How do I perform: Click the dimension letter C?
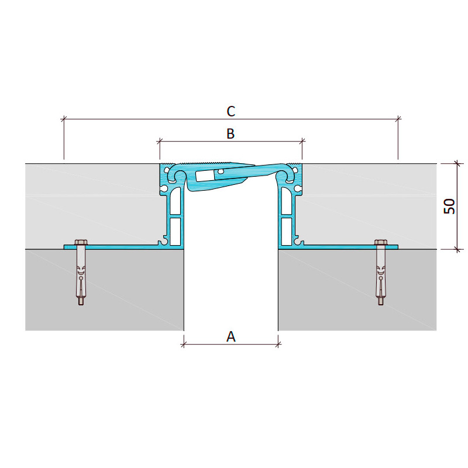pyautogui.click(x=230, y=111)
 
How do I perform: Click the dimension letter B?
pyautogui.click(x=230, y=133)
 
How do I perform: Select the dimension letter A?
pyautogui.click(x=231, y=337)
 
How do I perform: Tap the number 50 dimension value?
pyautogui.click(x=449, y=207)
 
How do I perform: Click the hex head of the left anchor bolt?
pyautogui.click(x=81, y=242)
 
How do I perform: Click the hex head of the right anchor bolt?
pyautogui.click(x=381, y=242)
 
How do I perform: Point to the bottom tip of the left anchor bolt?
pyautogui.click(x=81, y=304)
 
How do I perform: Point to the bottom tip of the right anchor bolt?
pyautogui.click(x=381, y=304)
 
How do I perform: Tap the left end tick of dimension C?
pyautogui.click(x=64, y=119)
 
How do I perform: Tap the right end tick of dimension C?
pyautogui.click(x=398, y=119)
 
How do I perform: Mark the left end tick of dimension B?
pyautogui.click(x=160, y=142)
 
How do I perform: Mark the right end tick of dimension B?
pyautogui.click(x=302, y=142)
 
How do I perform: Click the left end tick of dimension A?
pyautogui.click(x=184, y=345)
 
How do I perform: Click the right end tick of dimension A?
pyautogui.click(x=278, y=345)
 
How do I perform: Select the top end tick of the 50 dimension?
pyautogui.click(x=457, y=164)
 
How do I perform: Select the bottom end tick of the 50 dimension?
pyautogui.click(x=457, y=249)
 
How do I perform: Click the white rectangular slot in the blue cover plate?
pyautogui.click(x=205, y=176)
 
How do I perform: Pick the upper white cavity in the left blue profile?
pyautogui.click(x=176, y=201)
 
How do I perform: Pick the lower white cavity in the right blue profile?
pyautogui.click(x=287, y=232)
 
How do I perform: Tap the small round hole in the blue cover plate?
pyautogui.click(x=221, y=171)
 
